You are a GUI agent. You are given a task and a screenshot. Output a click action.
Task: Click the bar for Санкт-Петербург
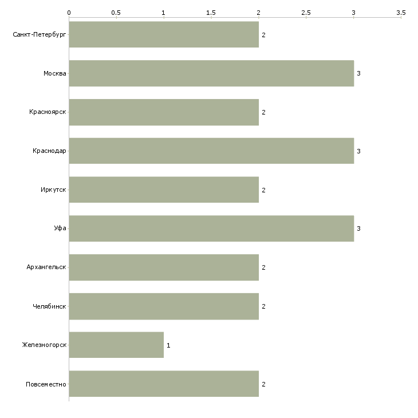pyautogui.click(x=164, y=34)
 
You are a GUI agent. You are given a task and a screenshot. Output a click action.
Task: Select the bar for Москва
pyautogui.click(x=211, y=73)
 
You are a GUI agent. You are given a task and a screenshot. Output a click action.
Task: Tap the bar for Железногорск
pyautogui.click(x=116, y=345)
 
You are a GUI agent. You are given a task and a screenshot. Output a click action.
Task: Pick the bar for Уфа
pyautogui.click(x=211, y=228)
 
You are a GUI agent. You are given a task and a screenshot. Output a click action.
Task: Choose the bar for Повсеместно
pyautogui.click(x=164, y=384)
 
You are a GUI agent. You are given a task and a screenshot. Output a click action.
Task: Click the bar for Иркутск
pyautogui.click(x=164, y=190)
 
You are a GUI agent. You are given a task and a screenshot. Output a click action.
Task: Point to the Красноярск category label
pyautogui.click(x=48, y=112)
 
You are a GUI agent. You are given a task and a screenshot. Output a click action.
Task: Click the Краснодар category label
pyautogui.click(x=49, y=151)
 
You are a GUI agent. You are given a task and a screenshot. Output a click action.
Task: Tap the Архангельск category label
pyautogui.click(x=46, y=267)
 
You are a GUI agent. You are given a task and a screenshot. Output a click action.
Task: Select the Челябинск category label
pyautogui.click(x=49, y=306)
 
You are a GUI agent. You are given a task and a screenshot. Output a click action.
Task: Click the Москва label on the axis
pyautogui.click(x=55, y=73)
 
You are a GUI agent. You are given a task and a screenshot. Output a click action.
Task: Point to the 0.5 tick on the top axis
pyautogui.click(x=116, y=12)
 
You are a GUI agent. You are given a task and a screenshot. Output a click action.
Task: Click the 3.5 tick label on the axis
pyautogui.click(x=401, y=12)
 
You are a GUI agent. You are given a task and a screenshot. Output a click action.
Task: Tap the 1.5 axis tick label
pyautogui.click(x=211, y=12)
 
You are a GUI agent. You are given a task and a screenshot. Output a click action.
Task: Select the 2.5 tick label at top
pyautogui.click(x=306, y=12)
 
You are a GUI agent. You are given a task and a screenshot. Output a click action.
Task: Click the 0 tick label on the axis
pyautogui.click(x=69, y=12)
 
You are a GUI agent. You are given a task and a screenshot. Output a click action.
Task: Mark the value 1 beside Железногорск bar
pyautogui.click(x=168, y=345)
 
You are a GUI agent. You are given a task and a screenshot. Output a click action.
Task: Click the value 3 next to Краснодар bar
pyautogui.click(x=358, y=151)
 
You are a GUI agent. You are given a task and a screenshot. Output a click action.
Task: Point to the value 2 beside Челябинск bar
pyautogui.click(x=263, y=306)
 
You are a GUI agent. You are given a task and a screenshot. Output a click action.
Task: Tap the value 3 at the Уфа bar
pyautogui.click(x=358, y=229)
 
